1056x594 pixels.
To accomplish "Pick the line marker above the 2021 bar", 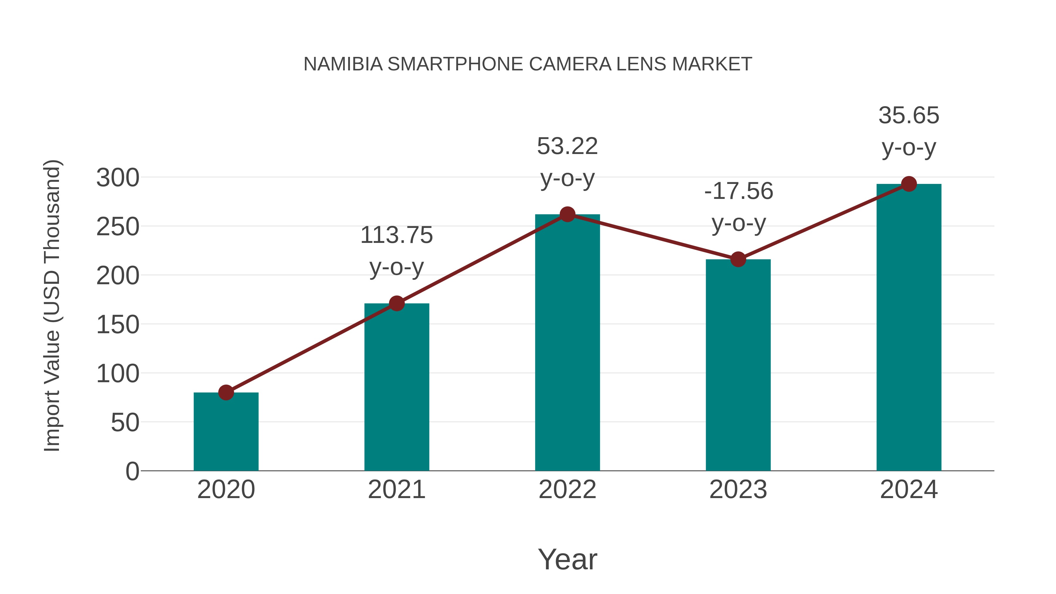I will coord(396,304).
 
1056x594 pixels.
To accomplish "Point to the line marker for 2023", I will coord(738,260).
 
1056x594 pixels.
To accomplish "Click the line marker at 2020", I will coord(226,392).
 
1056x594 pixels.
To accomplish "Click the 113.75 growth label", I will coord(396,235).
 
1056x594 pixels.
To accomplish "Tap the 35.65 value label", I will coord(909,116).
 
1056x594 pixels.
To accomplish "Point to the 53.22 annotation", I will coord(567,146).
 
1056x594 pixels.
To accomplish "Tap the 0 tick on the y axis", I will coord(132,471).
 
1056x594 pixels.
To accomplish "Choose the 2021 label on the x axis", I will coord(396,490).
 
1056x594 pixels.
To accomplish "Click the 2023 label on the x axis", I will coord(738,490).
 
